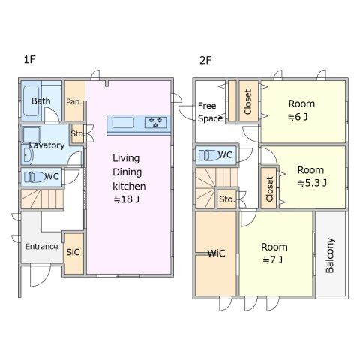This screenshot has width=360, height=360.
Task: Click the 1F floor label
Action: (x=30, y=60)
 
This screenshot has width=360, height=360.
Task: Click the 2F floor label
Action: (x=205, y=60)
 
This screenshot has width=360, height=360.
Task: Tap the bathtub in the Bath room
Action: (x=31, y=100)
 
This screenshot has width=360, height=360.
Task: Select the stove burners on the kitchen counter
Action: (x=155, y=122)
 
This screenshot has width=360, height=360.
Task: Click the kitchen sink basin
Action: (x=123, y=123)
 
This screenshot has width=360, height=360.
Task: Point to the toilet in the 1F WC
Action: (x=35, y=177)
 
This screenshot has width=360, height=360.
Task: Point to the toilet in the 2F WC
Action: (x=209, y=155)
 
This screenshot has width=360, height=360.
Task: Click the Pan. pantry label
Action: (x=74, y=102)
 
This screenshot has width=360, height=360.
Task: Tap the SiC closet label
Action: (x=73, y=252)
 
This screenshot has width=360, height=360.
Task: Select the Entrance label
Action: (x=41, y=247)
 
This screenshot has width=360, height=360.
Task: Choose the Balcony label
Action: (x=330, y=255)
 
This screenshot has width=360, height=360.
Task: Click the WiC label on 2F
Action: (x=217, y=253)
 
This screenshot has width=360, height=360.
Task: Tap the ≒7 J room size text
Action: (x=273, y=260)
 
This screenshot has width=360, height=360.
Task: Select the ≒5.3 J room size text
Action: (x=312, y=183)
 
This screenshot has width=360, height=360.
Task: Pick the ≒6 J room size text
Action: (x=298, y=117)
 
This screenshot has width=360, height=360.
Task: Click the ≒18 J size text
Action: (x=126, y=199)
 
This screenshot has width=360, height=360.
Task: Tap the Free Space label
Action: (x=210, y=112)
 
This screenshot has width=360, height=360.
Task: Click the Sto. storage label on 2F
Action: (x=227, y=199)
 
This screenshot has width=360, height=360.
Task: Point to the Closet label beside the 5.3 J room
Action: (x=269, y=189)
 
